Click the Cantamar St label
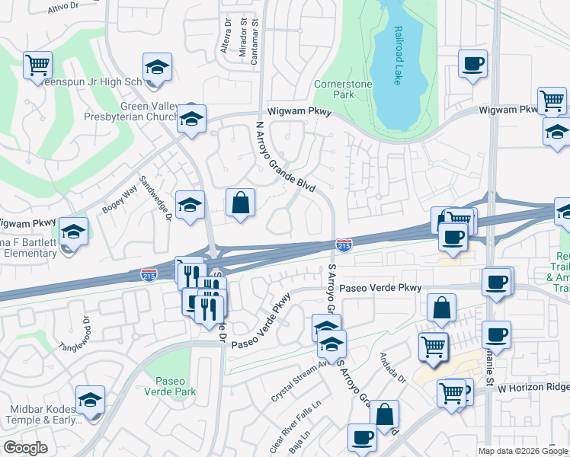256,41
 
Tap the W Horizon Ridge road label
533,388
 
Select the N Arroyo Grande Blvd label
285,155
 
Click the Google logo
26,447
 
